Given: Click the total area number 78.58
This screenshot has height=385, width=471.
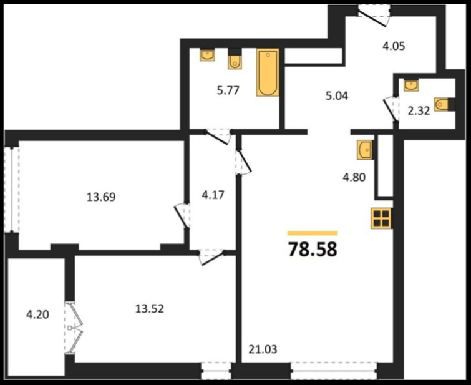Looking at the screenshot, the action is pyautogui.click(x=313, y=249).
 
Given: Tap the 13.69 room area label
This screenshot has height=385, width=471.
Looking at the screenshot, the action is pyautogui.click(x=101, y=197).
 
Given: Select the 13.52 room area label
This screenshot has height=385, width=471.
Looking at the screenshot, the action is pyautogui.click(x=150, y=308).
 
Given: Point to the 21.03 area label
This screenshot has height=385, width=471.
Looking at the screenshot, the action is pyautogui.click(x=263, y=349).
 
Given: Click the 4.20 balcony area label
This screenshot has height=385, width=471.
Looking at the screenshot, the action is pyautogui.click(x=38, y=314).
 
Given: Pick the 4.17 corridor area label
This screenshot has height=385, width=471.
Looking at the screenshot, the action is pyautogui.click(x=213, y=195).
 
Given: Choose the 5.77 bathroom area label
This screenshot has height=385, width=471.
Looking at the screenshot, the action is pyautogui.click(x=228, y=90).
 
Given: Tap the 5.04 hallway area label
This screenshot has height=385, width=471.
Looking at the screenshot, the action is pyautogui.click(x=337, y=95).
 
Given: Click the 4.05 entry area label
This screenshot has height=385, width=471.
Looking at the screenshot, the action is pyautogui.click(x=394, y=46).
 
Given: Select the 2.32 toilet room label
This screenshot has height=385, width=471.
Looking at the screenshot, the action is pyautogui.click(x=419, y=111).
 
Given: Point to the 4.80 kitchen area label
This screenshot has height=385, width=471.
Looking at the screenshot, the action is pyautogui.click(x=354, y=177).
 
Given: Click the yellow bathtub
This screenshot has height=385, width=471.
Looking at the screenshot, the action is pyautogui.click(x=268, y=72).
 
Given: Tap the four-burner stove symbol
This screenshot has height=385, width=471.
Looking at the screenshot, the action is pyautogui.click(x=382, y=218).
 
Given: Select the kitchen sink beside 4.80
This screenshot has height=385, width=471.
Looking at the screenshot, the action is pyautogui.click(x=365, y=150).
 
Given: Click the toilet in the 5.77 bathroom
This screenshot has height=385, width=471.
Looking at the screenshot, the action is pyautogui.click(x=235, y=62).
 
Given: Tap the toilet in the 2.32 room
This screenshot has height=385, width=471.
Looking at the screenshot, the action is pyautogui.click(x=443, y=105).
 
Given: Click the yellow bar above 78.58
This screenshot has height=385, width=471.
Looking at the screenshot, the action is pyautogui.click(x=313, y=233).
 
